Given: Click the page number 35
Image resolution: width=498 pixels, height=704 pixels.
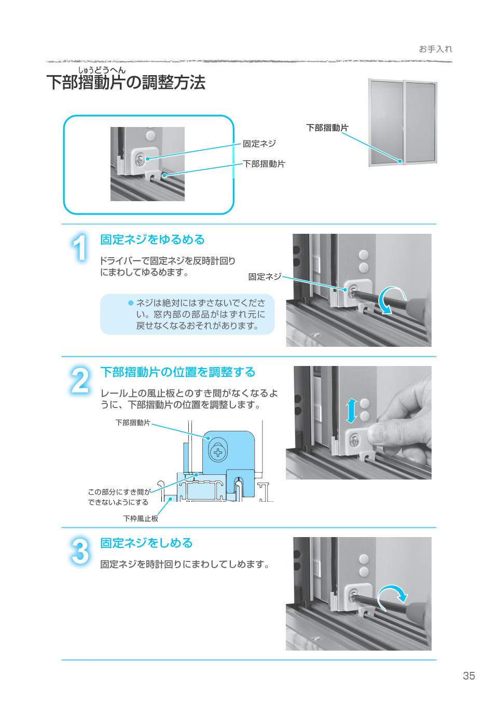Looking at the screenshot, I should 469,675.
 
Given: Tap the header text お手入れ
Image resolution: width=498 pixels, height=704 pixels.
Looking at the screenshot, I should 436,49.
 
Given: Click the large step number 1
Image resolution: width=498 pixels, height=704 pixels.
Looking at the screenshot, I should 79,249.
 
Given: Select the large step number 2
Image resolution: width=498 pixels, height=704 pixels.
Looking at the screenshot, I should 79,381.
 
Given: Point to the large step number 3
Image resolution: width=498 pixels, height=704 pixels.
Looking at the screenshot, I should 79,552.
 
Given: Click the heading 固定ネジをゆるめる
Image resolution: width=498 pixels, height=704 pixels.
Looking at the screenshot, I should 153,240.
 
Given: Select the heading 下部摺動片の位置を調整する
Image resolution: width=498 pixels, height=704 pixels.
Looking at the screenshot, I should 178,372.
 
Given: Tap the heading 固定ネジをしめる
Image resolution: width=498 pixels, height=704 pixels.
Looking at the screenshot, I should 146,543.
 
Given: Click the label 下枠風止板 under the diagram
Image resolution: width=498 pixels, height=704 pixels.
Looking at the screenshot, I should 141,518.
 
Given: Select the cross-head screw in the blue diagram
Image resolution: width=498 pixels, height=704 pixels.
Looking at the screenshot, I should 218,453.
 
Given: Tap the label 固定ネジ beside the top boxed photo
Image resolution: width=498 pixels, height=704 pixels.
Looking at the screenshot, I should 259,144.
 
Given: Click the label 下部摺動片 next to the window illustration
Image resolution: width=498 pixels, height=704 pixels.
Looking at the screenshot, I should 327,128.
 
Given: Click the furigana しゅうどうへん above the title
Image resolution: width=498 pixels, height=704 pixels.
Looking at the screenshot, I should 102,70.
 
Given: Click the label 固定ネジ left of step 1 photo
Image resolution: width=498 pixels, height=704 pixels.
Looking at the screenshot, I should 265,277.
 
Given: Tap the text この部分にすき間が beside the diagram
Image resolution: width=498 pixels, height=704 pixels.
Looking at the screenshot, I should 119,492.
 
